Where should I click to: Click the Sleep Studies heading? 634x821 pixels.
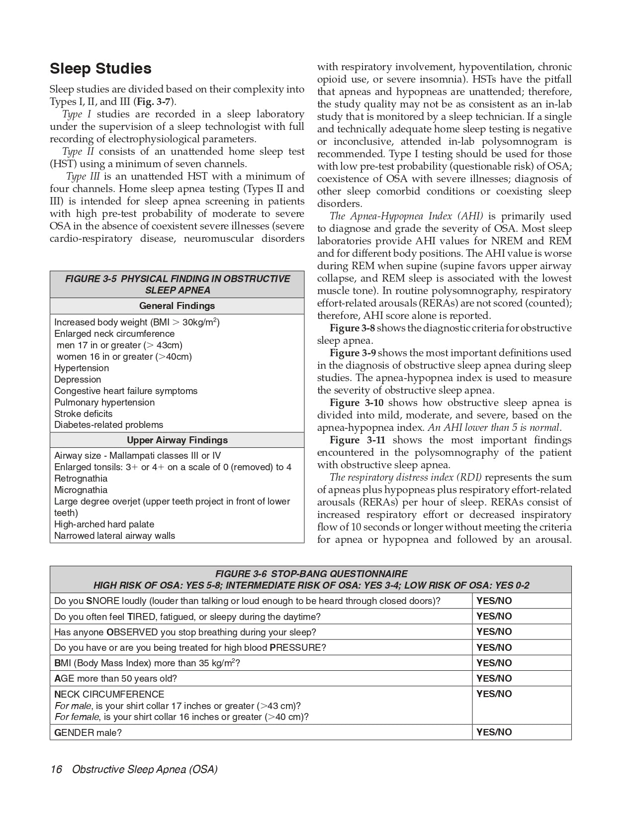point(100,69)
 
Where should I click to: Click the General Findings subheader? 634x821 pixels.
point(177,306)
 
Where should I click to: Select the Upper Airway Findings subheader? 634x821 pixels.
point(177,440)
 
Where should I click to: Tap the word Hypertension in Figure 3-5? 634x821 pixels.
point(82,368)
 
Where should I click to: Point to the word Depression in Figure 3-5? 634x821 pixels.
point(78,380)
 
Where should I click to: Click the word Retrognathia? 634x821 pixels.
point(81,479)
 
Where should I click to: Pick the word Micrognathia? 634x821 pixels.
point(81,490)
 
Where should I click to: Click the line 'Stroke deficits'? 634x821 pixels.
point(83,414)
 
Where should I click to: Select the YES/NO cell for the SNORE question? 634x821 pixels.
point(494,601)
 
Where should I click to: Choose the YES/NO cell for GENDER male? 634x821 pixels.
point(494,732)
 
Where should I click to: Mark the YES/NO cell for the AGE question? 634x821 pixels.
point(494,679)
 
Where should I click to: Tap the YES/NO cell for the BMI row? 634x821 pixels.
point(494,663)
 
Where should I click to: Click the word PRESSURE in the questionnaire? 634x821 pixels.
point(296,648)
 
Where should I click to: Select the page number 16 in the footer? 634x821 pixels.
point(56,770)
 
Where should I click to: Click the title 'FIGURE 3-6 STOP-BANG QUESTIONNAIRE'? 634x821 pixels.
point(311,574)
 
